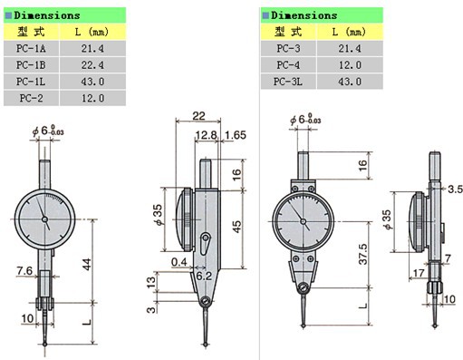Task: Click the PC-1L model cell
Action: coord(31,82)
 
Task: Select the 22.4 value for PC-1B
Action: coord(92,65)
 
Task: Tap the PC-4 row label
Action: coord(288,65)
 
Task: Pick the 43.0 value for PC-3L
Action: coord(350,82)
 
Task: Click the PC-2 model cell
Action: coord(31,98)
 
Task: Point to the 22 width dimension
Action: coord(198,116)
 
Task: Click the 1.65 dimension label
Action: coord(236,135)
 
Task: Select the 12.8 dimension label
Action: coord(207,135)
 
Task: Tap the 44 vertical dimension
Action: coord(87,264)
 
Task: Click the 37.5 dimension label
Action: coord(362,254)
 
